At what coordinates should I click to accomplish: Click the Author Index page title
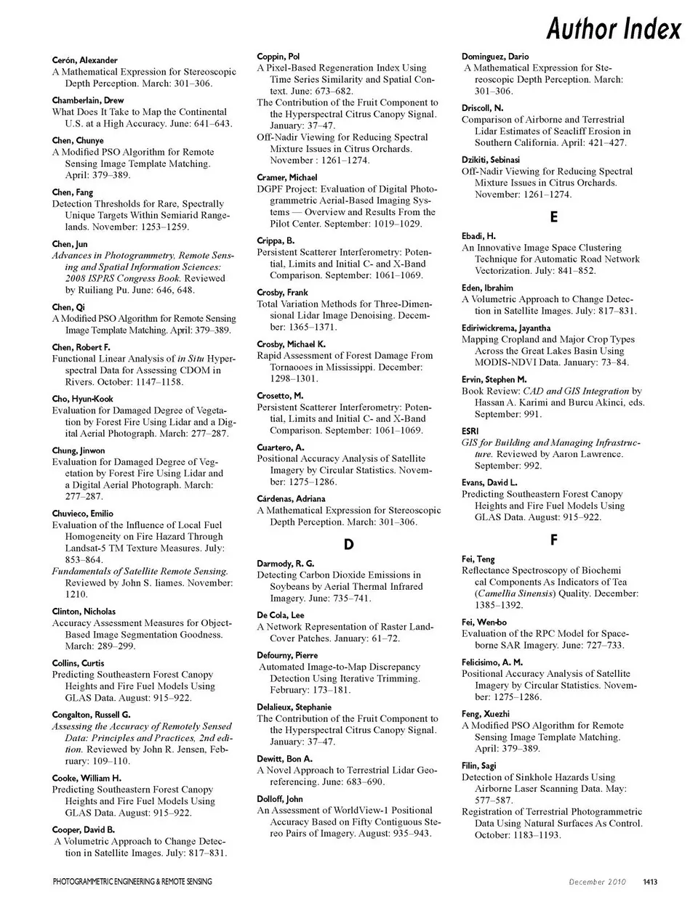[614, 29]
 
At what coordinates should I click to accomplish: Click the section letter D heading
[348, 544]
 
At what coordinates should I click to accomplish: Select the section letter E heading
[554, 216]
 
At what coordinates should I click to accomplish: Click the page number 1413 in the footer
[650, 882]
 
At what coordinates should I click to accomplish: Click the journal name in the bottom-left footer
[132, 882]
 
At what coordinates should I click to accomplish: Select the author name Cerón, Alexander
[85, 60]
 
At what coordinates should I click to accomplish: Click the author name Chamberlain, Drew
[88, 100]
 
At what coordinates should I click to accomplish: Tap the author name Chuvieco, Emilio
[83, 514]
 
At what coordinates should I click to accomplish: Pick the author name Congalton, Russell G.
[92, 715]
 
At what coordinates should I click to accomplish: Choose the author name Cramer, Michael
[287, 177]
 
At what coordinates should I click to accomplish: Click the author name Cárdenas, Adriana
[291, 499]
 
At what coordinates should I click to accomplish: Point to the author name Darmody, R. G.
[286, 563]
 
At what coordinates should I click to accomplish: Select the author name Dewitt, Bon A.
[284, 758]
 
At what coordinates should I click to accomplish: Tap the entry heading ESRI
[470, 431]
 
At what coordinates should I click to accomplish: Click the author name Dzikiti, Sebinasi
[491, 160]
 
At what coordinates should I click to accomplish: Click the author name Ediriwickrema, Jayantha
[506, 328]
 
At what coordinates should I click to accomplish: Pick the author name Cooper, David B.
[84, 829]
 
